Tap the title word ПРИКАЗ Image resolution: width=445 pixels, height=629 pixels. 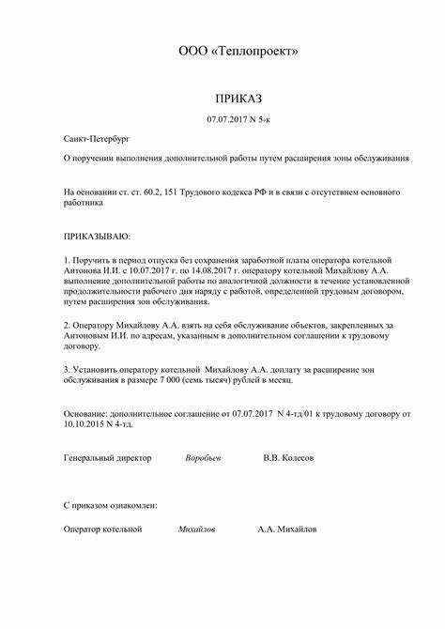tap(238, 98)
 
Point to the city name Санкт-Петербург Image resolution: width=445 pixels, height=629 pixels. tap(92, 138)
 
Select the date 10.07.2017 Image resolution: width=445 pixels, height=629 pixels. tap(140, 269)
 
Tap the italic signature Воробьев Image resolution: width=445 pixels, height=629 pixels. tap(204, 457)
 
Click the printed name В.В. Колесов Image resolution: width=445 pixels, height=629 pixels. tap(289, 457)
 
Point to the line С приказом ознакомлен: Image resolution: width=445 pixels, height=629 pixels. tap(110, 505)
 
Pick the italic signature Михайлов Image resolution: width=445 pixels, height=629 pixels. tap(197, 529)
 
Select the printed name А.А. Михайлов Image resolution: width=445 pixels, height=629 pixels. tap(287, 529)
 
